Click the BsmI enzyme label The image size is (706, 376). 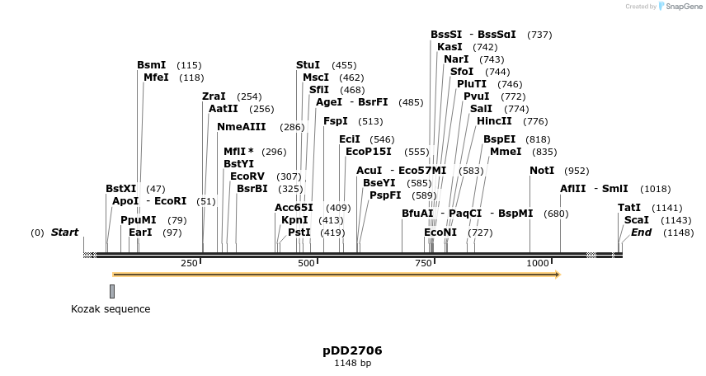pyautogui.click(x=152, y=65)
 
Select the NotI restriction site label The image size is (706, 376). pyautogui.click(x=542, y=171)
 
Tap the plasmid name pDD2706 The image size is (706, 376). pyautogui.click(x=352, y=350)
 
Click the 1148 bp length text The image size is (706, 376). pyautogui.click(x=352, y=363)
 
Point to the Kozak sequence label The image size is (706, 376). pyautogui.click(x=111, y=309)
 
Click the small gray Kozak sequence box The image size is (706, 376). pyautogui.click(x=112, y=290)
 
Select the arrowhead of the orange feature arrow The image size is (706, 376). pyautogui.click(x=558, y=275)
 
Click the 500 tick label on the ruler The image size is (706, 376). pyautogui.click(x=307, y=263)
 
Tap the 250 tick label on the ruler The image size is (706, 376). pyautogui.click(x=189, y=263)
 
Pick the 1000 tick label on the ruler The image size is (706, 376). pyautogui.click(x=538, y=263)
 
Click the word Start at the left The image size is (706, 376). pyautogui.click(x=65, y=233)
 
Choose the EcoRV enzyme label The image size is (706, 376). pyautogui.click(x=247, y=176)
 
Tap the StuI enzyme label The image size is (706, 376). pyautogui.click(x=308, y=65)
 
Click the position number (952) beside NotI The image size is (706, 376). pyautogui.click(x=577, y=171)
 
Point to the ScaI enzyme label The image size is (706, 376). pyautogui.click(x=636, y=220)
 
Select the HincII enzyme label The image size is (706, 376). pyautogui.click(x=494, y=121)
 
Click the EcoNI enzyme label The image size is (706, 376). pyautogui.click(x=440, y=233)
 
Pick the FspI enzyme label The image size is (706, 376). pyautogui.click(x=336, y=121)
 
